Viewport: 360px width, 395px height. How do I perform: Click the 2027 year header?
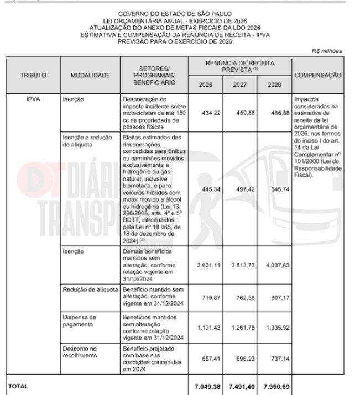point(239,85)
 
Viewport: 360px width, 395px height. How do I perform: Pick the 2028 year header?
point(274,85)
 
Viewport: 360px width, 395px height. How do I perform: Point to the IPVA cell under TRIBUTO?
point(33,101)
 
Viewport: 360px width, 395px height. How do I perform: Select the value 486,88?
point(275,111)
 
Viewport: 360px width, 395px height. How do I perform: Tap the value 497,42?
point(240,188)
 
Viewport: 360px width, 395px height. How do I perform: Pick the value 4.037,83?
point(274,264)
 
